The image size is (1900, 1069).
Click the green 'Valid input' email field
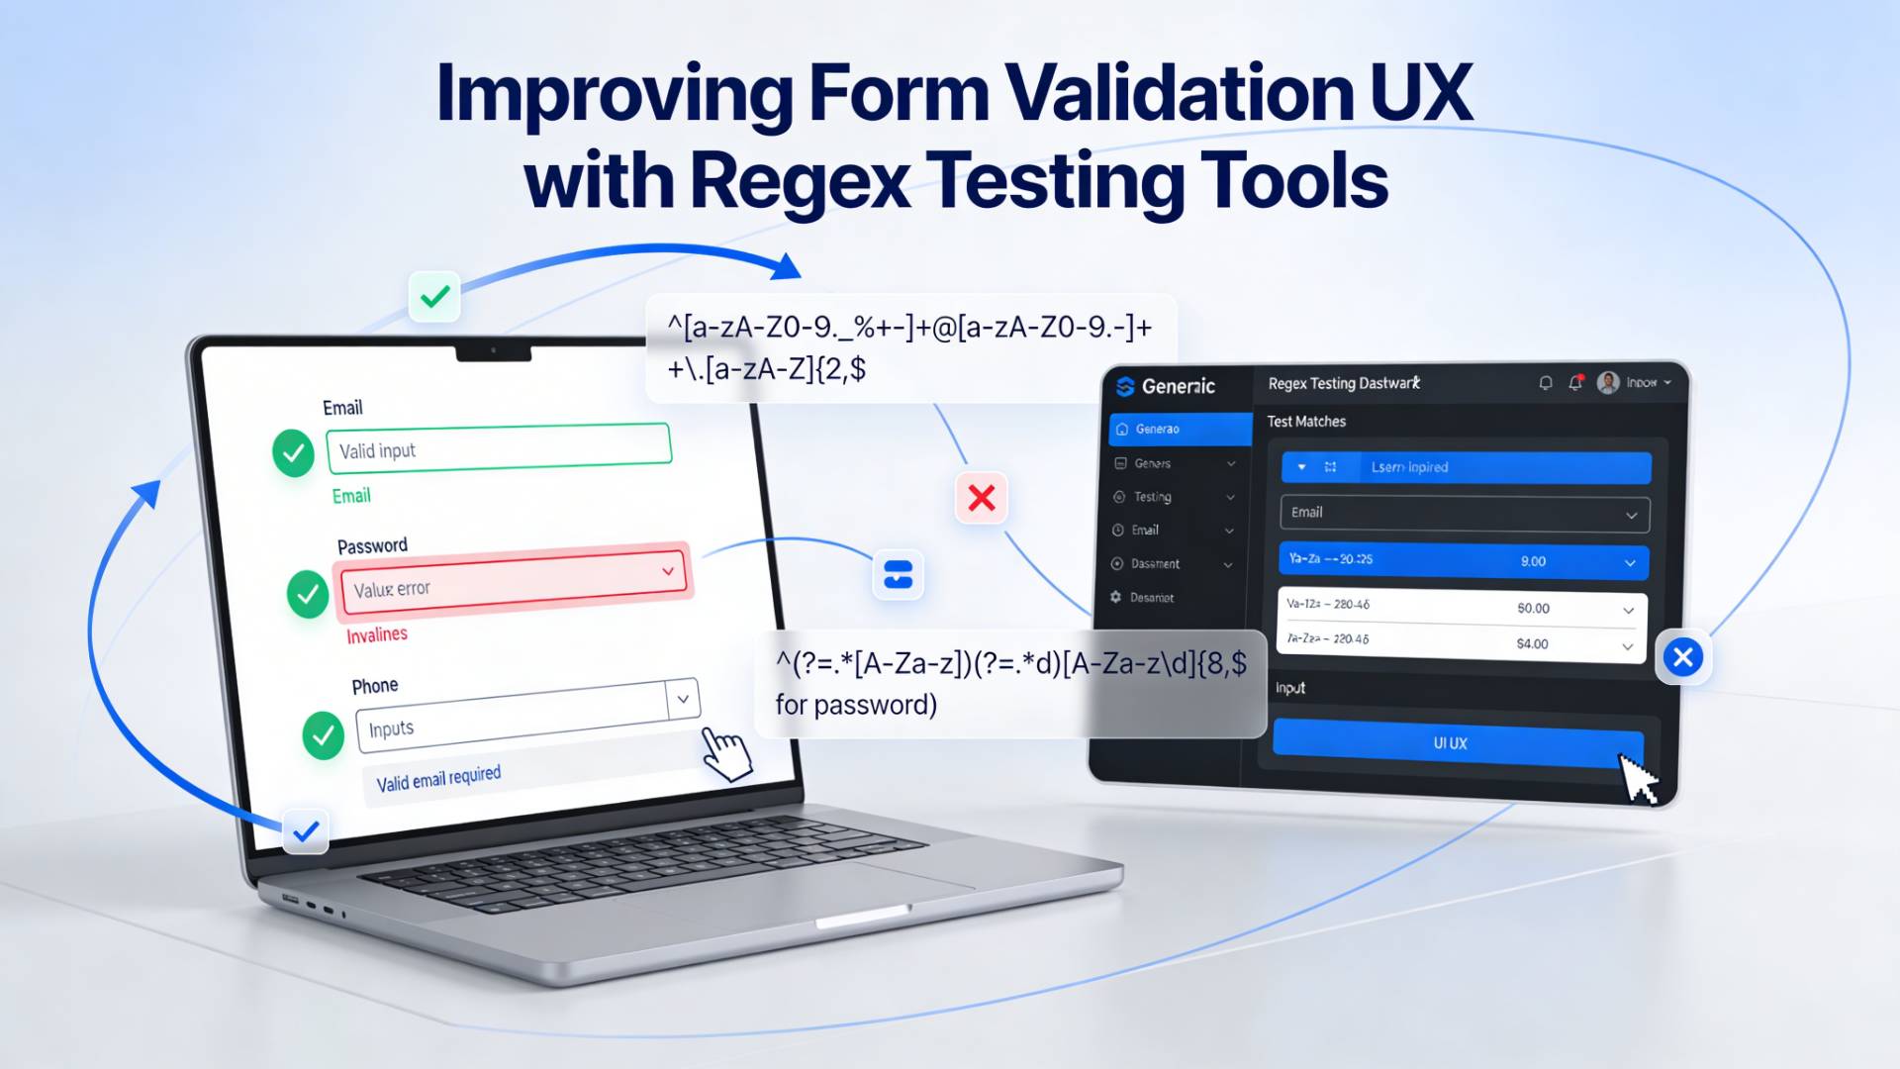click(x=499, y=445)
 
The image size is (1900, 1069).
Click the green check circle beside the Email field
click(x=293, y=452)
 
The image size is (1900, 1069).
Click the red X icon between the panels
click(x=981, y=497)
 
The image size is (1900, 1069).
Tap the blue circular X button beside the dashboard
click(x=1682, y=657)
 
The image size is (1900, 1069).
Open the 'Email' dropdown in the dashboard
click(x=1464, y=513)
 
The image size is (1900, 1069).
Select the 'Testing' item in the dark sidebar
click(x=1153, y=497)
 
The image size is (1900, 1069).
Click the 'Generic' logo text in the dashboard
click(x=1178, y=386)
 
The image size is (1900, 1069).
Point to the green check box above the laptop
click(x=434, y=296)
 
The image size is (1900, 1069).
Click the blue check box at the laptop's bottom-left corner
click(x=306, y=830)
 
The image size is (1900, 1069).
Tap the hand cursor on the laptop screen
click(x=725, y=754)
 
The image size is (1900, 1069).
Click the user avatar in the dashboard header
click(x=1608, y=382)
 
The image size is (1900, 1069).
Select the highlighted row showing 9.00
click(x=1464, y=560)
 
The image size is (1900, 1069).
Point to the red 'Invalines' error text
click(x=376, y=634)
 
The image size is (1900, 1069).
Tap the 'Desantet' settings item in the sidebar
click(x=1152, y=598)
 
